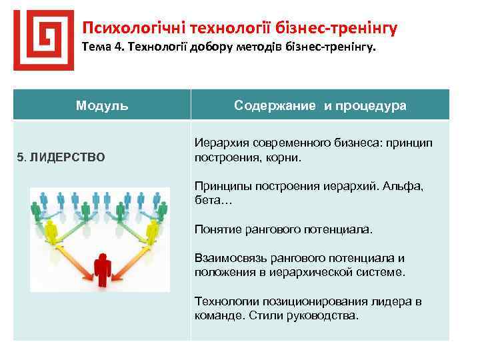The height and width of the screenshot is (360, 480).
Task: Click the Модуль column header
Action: click(102, 105)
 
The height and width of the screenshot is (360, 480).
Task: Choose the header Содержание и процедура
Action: click(320, 106)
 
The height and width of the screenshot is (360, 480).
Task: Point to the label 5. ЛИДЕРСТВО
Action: click(61, 157)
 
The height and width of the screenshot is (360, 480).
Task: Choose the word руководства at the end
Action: click(324, 315)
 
